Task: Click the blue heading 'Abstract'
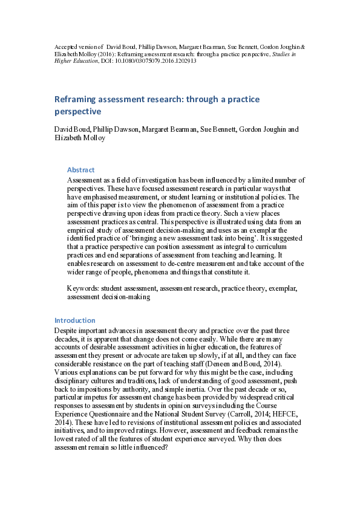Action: coord(80,170)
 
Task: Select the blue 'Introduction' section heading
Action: coord(75,320)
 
